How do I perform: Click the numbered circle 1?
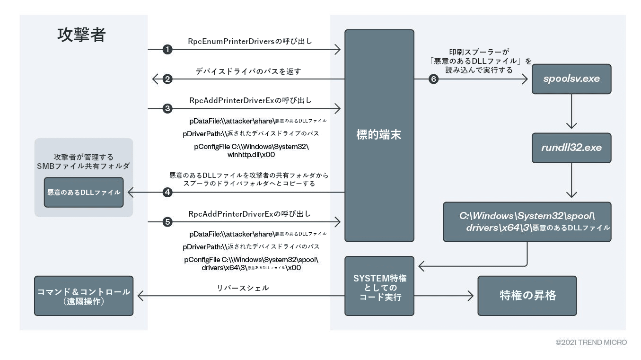[x=167, y=49]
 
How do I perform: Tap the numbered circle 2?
[x=167, y=79]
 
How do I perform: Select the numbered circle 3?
[x=167, y=109]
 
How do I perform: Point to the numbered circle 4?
[x=167, y=192]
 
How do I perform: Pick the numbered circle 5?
[x=167, y=221]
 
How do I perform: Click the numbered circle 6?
[x=433, y=79]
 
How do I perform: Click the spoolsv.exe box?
[x=571, y=79]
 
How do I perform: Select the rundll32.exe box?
[x=571, y=148]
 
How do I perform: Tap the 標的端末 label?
[x=379, y=135]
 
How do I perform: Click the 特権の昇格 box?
[x=527, y=296]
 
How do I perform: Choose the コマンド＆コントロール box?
[x=84, y=296]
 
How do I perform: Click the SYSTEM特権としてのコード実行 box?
[x=379, y=286]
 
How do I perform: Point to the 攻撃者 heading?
[x=81, y=35]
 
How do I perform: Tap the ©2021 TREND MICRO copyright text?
[x=591, y=342]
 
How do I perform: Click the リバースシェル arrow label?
[x=243, y=288]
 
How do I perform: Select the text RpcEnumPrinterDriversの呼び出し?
[x=250, y=41]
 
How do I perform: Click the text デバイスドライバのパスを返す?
[x=248, y=71]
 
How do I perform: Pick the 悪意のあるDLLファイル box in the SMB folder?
[x=84, y=192]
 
